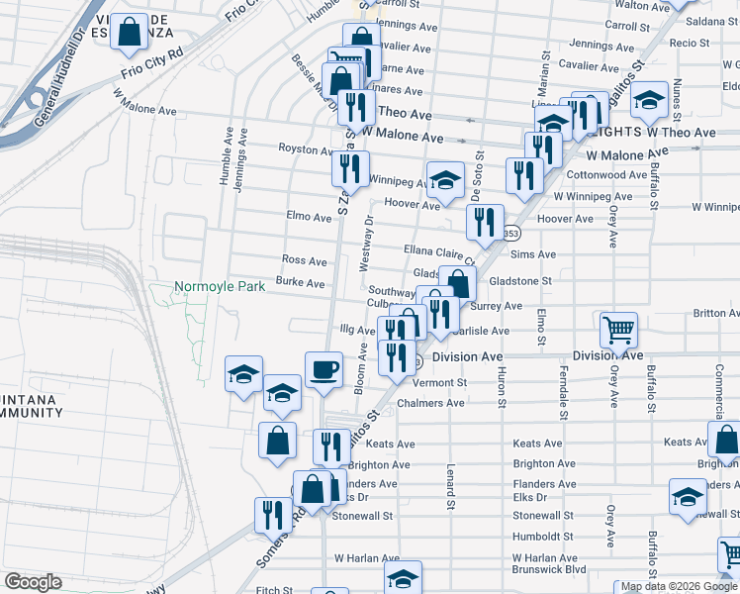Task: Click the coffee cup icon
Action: click(x=324, y=370)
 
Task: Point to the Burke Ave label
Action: click(x=301, y=283)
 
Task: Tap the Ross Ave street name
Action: click(x=304, y=260)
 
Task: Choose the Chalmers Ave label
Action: click(x=430, y=403)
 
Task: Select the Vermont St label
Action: click(x=439, y=382)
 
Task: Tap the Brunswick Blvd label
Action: click(x=549, y=569)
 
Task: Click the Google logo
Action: click(x=33, y=582)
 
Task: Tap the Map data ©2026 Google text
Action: click(x=678, y=587)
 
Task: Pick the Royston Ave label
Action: click(x=306, y=150)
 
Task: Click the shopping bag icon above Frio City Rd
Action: click(x=130, y=32)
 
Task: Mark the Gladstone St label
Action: click(x=519, y=281)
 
